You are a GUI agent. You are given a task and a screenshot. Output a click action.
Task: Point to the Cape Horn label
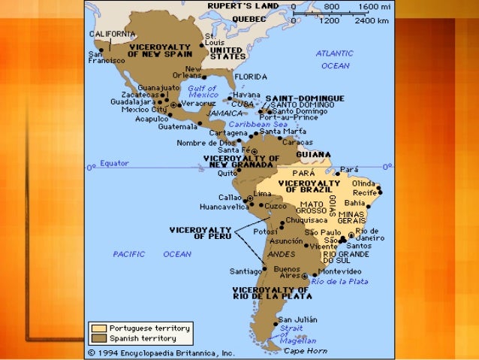[302, 350]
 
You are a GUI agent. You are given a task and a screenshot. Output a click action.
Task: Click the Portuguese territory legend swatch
[98, 328]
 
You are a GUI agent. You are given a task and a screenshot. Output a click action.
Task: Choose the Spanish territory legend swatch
[98, 339]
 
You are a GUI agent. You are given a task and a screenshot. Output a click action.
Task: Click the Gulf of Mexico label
[203, 92]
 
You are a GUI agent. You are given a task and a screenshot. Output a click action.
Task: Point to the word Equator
[114, 163]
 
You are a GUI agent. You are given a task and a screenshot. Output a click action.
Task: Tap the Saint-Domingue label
[306, 98]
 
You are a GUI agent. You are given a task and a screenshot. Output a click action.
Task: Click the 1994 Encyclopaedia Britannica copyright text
[161, 352]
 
